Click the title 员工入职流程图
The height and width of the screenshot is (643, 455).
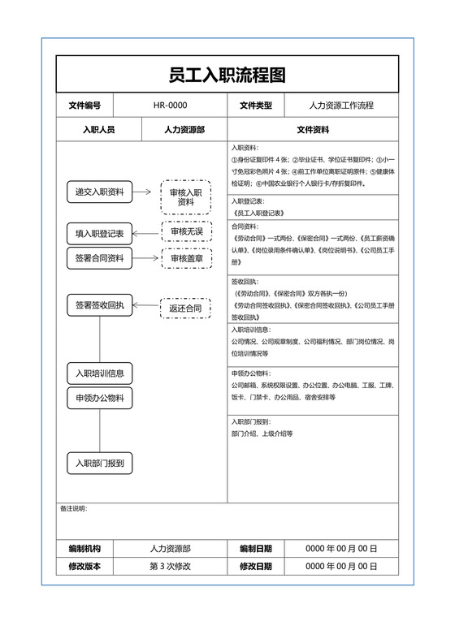227,76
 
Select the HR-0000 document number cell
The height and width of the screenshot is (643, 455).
170,106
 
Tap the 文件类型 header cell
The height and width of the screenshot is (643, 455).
256,106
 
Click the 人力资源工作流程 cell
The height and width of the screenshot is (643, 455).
341,106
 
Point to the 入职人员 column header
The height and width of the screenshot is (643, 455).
98,129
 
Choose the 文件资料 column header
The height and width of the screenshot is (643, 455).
313,129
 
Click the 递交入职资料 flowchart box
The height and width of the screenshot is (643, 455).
99,192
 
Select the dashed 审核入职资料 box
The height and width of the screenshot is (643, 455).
186,197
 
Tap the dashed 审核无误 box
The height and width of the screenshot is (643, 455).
186,233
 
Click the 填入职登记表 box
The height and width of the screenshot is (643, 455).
99,234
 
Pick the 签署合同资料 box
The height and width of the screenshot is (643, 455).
99,258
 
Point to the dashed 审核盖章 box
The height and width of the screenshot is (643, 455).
186,259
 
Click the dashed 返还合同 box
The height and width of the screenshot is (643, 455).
185,309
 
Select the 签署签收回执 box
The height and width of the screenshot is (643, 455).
99,305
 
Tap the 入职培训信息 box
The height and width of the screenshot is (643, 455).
99,373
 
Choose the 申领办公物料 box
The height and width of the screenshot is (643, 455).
99,398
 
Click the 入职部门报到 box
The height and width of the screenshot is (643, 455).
99,464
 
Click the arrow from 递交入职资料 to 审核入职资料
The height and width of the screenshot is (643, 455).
142,192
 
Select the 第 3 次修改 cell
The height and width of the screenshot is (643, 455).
170,566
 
